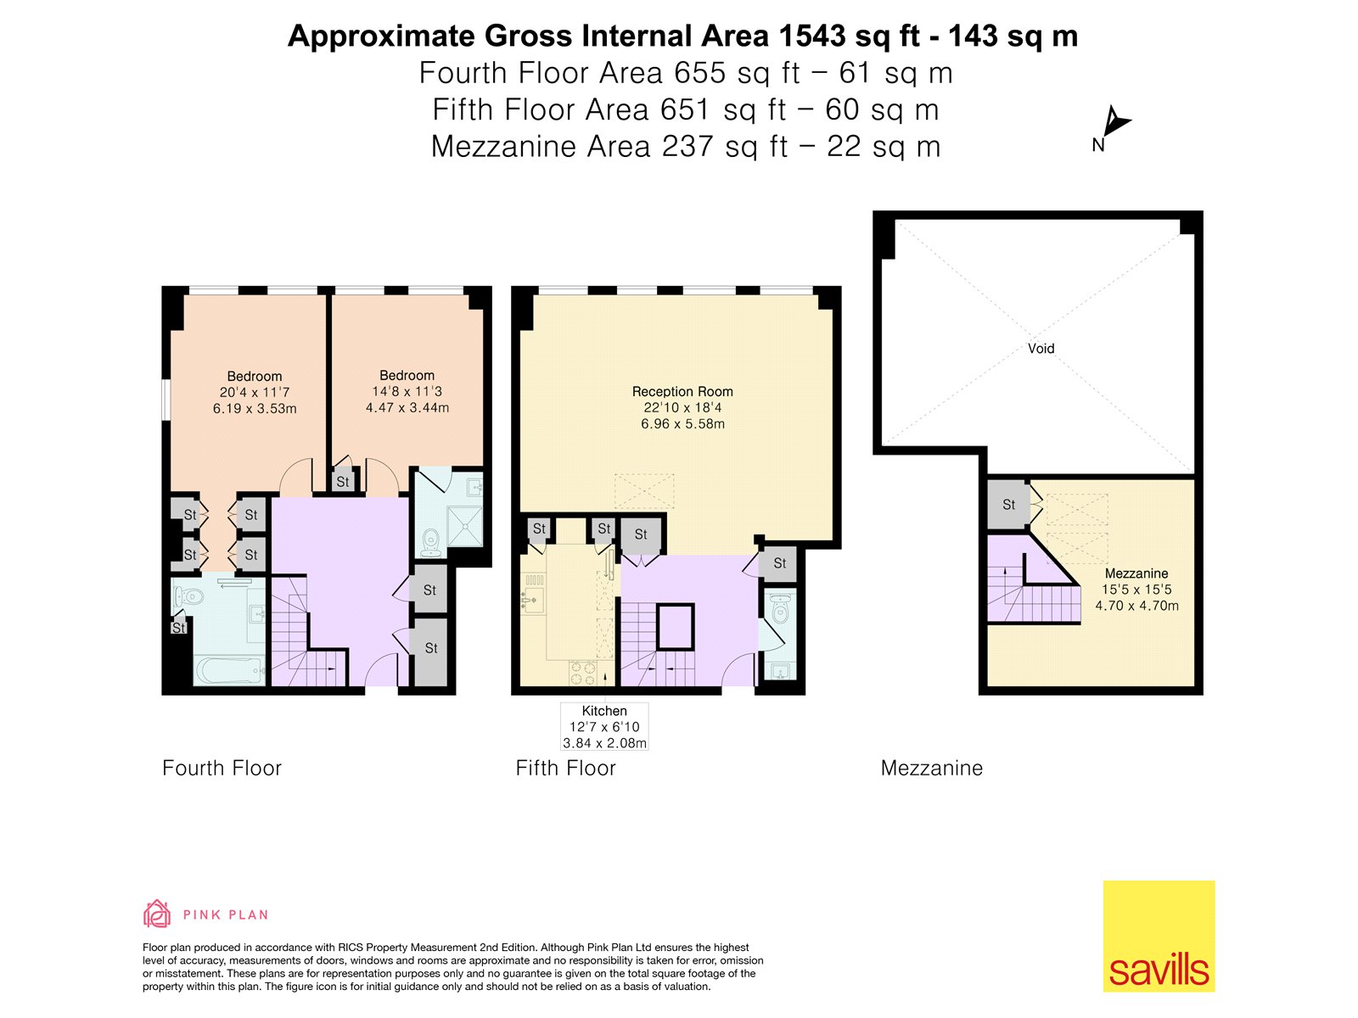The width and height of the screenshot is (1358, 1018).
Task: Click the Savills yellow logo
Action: (1159, 936)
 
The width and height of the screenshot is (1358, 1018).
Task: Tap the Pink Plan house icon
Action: (156, 914)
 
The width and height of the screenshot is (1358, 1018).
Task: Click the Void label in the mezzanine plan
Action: (1041, 349)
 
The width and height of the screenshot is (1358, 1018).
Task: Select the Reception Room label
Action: (682, 407)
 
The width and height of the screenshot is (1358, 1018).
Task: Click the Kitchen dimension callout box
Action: (604, 727)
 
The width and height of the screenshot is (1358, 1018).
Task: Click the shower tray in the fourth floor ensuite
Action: (464, 526)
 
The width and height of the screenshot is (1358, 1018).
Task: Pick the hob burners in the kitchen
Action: (583, 673)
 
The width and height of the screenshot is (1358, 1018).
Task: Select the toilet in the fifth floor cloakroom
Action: (780, 609)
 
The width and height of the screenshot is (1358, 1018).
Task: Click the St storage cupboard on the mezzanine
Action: (1008, 505)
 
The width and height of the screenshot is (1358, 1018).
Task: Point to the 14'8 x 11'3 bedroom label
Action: (407, 391)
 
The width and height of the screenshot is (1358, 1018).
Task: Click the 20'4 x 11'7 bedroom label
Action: (255, 392)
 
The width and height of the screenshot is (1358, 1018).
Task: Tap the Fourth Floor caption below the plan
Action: (222, 768)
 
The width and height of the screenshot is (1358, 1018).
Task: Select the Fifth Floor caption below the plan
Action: (565, 768)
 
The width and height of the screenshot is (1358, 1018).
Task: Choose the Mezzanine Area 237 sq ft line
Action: (686, 147)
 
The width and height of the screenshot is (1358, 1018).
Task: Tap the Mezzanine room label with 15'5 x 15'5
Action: (1136, 589)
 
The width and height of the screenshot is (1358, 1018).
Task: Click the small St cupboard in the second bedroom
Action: (343, 481)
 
